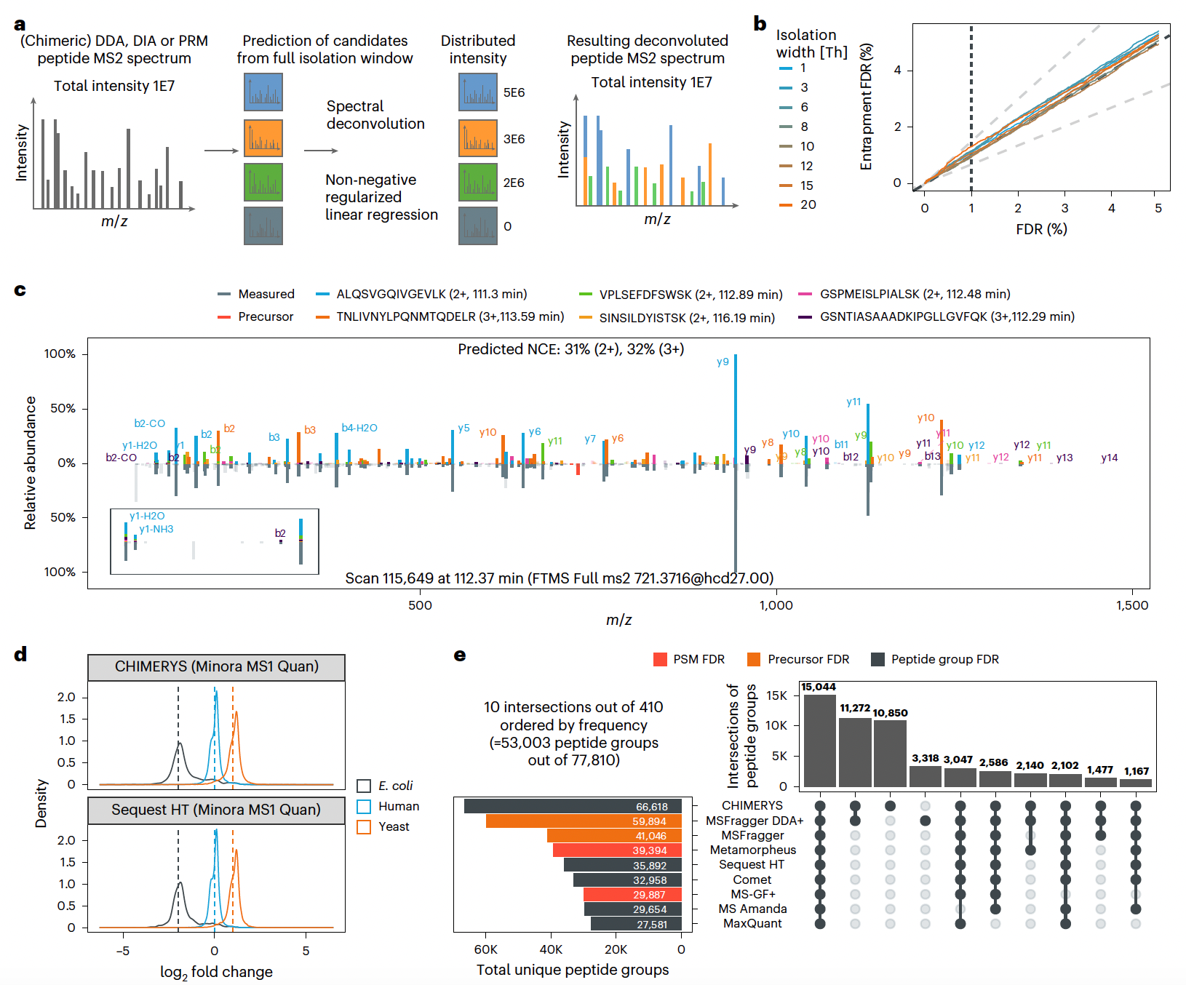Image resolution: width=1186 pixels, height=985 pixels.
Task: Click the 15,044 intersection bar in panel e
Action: (x=819, y=741)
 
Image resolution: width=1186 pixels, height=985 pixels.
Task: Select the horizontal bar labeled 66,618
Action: (x=573, y=806)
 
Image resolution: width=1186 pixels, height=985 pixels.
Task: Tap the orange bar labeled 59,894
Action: (x=584, y=821)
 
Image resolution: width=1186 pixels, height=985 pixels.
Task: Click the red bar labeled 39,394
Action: (x=617, y=850)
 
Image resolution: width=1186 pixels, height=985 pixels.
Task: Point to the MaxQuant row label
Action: (x=752, y=924)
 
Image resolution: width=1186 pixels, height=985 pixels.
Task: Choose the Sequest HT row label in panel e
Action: (x=752, y=865)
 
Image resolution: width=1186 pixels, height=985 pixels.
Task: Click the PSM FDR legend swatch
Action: (x=660, y=659)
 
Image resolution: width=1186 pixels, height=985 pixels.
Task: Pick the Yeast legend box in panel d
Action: (x=364, y=827)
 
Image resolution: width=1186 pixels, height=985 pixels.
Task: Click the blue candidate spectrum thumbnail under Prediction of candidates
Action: (x=263, y=92)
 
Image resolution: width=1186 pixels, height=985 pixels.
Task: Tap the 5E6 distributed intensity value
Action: (x=514, y=92)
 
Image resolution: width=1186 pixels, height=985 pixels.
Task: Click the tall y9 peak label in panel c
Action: (x=723, y=362)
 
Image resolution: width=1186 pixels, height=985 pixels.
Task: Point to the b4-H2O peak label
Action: (x=359, y=428)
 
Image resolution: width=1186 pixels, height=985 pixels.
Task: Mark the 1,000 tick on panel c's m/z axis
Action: (x=776, y=605)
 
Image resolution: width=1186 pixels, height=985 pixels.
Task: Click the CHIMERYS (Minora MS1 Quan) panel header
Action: (x=216, y=666)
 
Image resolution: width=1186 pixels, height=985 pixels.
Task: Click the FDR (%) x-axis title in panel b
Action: (x=1041, y=229)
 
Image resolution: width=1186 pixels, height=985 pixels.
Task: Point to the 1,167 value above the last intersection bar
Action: (x=1136, y=771)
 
